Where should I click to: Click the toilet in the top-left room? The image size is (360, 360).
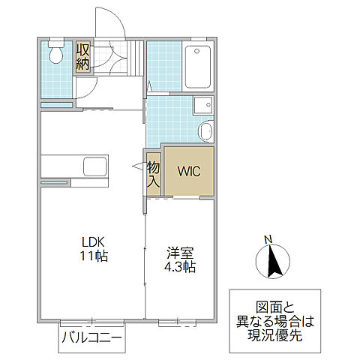[x=55, y=55]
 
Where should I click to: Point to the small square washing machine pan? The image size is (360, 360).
[x=202, y=106]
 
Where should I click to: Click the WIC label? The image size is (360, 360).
[x=188, y=171]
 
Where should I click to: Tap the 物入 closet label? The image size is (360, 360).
[x=153, y=173]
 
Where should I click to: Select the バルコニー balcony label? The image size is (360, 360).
[x=92, y=339]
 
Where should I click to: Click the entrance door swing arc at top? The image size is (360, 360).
[x=106, y=22]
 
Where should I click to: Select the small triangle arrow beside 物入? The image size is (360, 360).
[x=139, y=170]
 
